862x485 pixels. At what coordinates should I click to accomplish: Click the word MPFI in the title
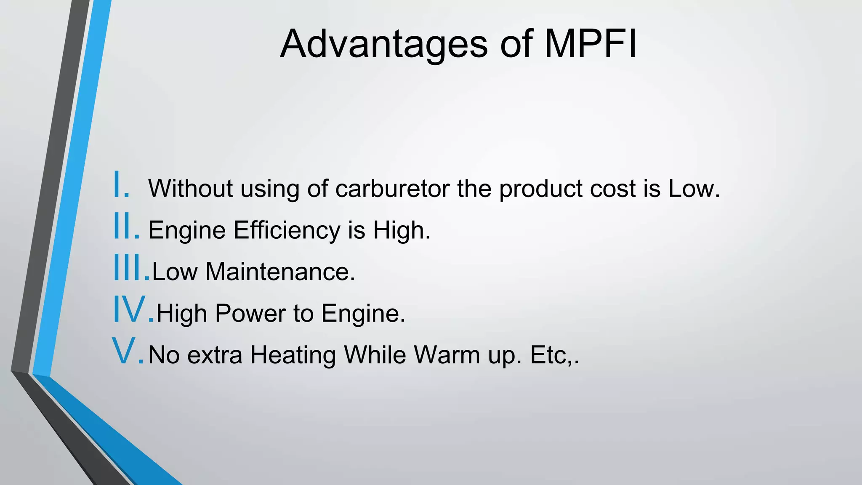(591, 44)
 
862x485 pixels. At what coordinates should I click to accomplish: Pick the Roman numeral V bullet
(128, 352)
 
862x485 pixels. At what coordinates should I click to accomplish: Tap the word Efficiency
(287, 230)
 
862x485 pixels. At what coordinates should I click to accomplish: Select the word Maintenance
(280, 272)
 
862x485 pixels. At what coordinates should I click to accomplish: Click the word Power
(250, 313)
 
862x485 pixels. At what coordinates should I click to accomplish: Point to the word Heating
(293, 355)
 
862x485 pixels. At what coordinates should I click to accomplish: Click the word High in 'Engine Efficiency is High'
(402, 230)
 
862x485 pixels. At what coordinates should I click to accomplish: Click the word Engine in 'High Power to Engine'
(363, 314)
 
